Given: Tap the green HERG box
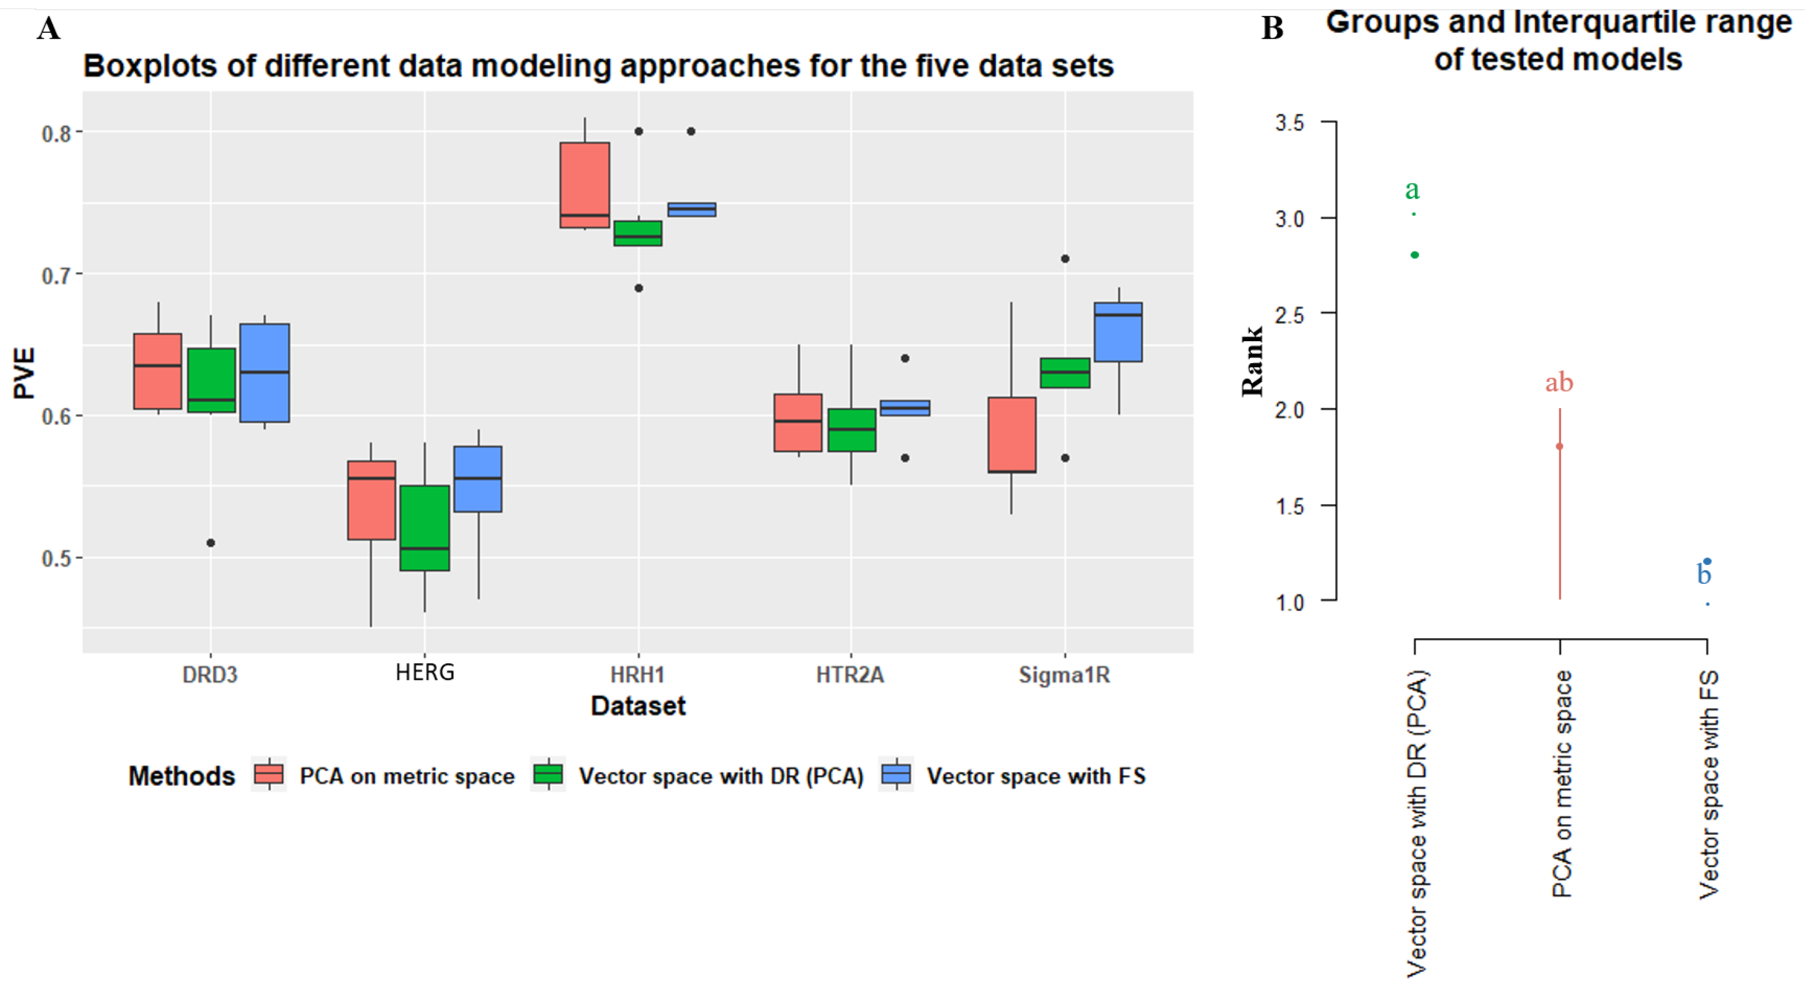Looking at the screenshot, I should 424,527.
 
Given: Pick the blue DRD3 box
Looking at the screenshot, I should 264,372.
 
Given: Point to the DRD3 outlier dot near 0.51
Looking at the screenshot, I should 210,543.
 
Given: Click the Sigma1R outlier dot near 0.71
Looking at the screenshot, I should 1064,259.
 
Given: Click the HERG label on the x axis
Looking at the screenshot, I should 424,673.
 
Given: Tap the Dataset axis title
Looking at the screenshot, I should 638,706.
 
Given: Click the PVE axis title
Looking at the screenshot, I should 24,373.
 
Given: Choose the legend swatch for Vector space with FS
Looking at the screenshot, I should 896,775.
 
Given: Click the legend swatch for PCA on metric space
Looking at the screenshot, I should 269,775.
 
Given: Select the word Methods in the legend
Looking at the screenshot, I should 182,776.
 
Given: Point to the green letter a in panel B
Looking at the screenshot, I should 1412,190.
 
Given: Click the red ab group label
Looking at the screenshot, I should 1559,383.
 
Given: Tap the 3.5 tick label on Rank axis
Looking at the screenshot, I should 1290,123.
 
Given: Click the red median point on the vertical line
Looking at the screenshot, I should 1560,446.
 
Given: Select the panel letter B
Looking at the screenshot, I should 1272,29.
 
